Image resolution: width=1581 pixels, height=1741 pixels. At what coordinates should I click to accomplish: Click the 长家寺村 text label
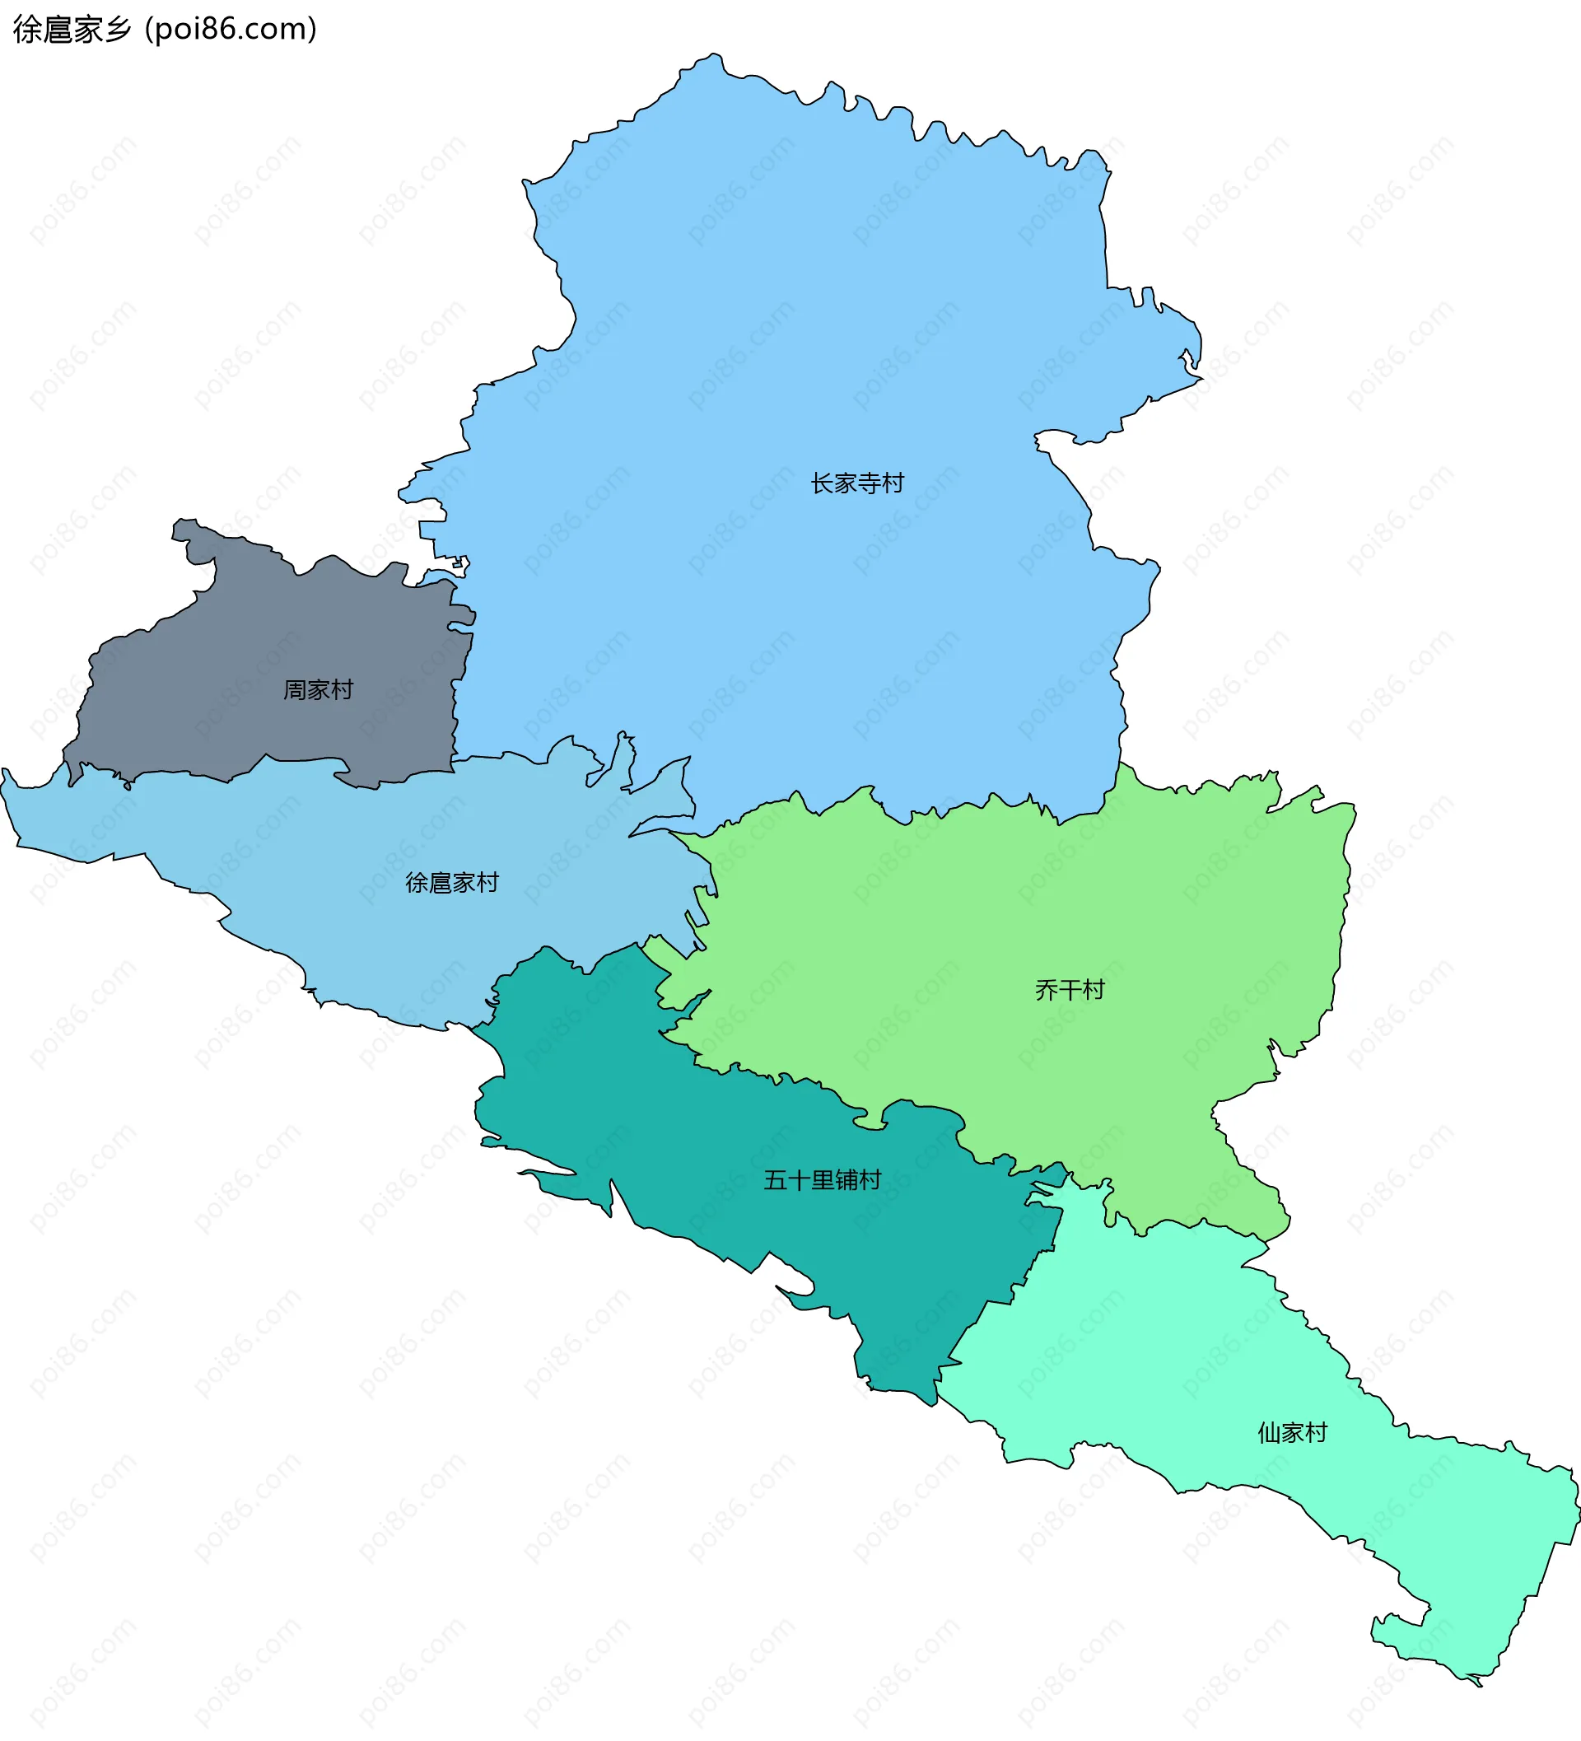click(856, 483)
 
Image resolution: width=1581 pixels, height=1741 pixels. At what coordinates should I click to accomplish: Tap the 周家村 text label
click(318, 690)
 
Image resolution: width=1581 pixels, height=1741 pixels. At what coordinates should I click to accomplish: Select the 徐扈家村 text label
click(451, 883)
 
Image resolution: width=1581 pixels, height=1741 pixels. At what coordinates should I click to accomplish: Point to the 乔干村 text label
click(1069, 990)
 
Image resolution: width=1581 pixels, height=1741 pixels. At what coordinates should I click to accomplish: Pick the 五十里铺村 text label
click(822, 1180)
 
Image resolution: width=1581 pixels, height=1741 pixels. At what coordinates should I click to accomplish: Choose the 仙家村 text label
click(1292, 1434)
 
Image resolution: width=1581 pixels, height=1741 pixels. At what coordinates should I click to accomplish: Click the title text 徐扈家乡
click(72, 30)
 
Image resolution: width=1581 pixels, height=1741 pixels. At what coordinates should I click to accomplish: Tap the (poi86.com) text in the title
click(231, 30)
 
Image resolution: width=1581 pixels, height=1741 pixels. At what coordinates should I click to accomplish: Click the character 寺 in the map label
click(869, 483)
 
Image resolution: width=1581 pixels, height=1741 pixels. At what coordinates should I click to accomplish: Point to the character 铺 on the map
click(846, 1180)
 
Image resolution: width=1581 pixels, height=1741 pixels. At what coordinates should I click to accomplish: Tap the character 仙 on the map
click(1268, 1434)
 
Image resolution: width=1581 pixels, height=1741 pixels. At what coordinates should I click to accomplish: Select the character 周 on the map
click(295, 690)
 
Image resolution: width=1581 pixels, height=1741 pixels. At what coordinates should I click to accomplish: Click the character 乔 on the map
click(1046, 990)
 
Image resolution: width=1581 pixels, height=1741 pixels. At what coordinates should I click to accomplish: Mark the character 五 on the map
click(775, 1180)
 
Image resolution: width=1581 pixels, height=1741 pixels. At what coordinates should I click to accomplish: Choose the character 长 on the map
click(821, 483)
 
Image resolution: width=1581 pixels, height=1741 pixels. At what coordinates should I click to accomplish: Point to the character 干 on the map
click(1069, 990)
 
